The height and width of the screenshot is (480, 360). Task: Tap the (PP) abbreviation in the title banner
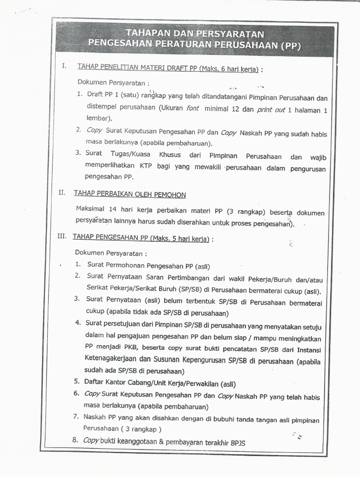(290, 46)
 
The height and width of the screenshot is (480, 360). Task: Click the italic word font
(192, 108)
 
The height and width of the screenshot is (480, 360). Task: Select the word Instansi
(309, 350)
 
